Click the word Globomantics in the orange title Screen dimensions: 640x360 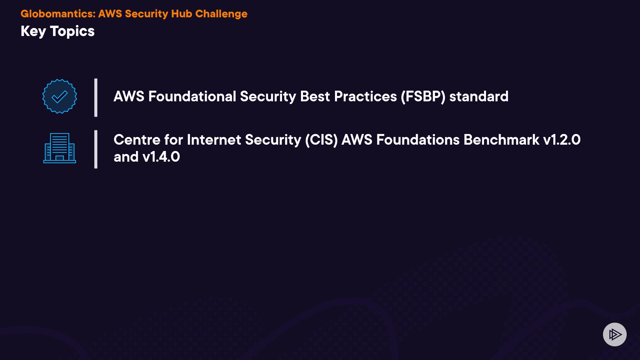[58, 14]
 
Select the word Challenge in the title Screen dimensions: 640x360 [221, 14]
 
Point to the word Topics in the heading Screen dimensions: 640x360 [72, 32]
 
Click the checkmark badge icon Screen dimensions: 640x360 [60, 96]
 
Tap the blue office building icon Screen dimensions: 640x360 [60, 148]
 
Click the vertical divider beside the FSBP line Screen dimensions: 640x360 [96, 98]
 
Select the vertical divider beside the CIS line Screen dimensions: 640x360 [96, 149]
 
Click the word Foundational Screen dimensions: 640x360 [192, 97]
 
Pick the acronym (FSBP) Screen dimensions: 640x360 [423, 97]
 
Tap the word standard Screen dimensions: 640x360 [479, 97]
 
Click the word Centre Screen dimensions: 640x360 [137, 140]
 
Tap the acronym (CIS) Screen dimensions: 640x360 [322, 140]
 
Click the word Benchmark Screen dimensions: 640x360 [501, 140]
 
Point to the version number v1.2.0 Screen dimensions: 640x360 [562, 140]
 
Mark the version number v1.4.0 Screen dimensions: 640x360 [161, 157]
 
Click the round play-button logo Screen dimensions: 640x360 [615, 334]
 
